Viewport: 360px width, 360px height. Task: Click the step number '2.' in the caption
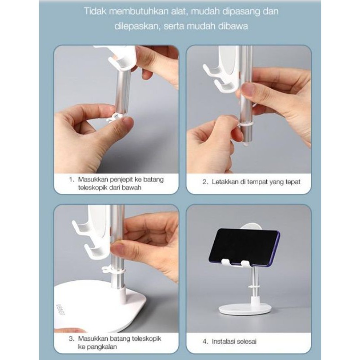point(205,182)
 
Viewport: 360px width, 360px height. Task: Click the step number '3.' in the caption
point(72,339)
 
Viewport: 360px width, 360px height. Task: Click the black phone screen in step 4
point(244,246)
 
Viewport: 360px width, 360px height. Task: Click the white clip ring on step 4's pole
point(253,287)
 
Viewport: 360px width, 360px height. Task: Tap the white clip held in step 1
point(114,117)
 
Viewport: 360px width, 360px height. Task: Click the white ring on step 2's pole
point(246,125)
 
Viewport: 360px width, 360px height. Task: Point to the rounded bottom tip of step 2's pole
point(246,144)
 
